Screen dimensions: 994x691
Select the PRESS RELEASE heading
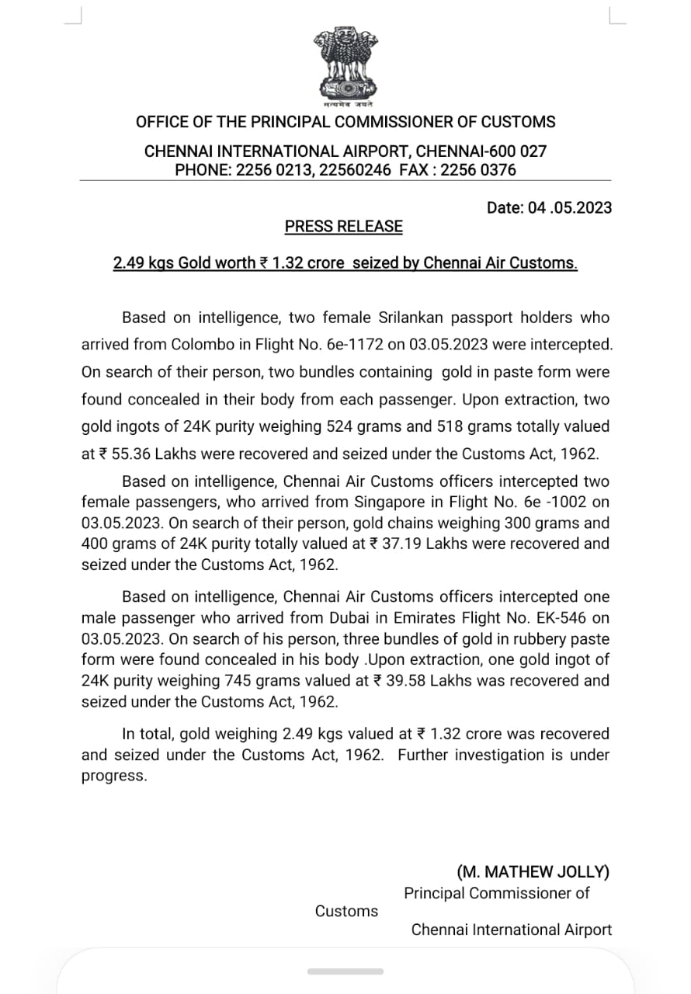pyautogui.click(x=344, y=227)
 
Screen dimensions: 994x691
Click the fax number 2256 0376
pyautogui.click(x=478, y=170)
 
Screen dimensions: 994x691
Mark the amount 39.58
pyautogui.click(x=401, y=680)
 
